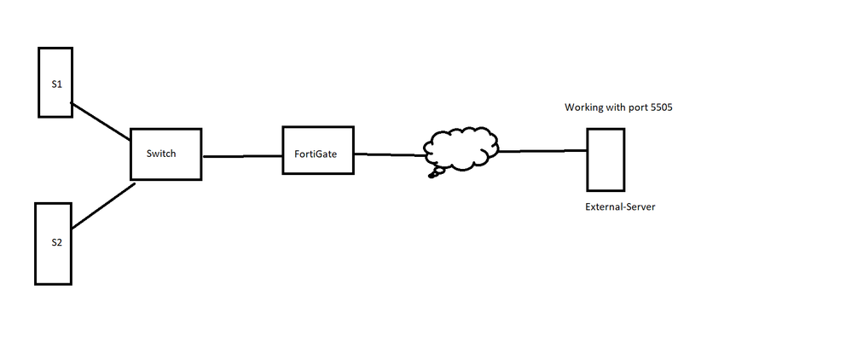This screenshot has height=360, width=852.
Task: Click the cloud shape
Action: coord(462,148)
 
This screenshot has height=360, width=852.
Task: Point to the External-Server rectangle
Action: coord(606,159)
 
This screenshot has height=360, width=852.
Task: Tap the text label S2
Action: coord(56,242)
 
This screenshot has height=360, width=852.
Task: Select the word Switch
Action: coord(161,154)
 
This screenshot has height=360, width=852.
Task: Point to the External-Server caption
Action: coord(620,207)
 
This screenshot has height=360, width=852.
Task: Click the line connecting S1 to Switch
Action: coord(100,123)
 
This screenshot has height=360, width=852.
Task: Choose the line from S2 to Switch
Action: coord(103,206)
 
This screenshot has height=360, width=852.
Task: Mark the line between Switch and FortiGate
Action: coord(242,156)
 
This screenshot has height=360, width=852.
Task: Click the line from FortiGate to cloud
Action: coord(389,154)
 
